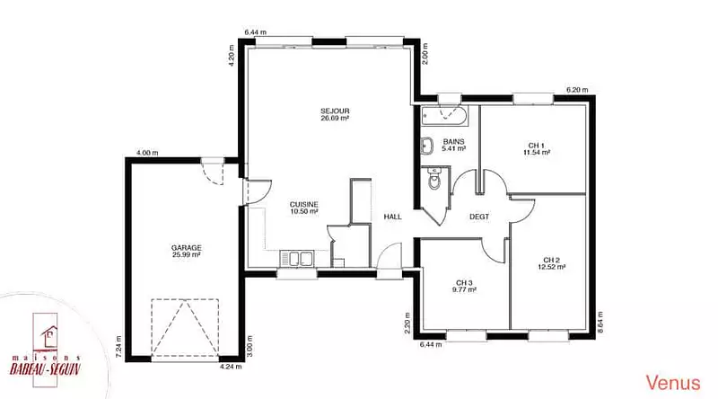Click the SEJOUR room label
coord(335,111)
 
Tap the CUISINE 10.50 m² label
coord(304,208)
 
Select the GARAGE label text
coord(187,248)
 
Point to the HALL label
coord(392,217)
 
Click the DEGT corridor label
coord(479,217)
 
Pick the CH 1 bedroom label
coord(536,146)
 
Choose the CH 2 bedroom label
coord(551,260)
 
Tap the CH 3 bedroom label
coord(464,282)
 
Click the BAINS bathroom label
coord(453,142)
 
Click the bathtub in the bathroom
coord(444,116)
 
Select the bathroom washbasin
coord(427,145)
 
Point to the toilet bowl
coord(434,179)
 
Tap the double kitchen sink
coord(297,258)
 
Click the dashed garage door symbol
coord(185,327)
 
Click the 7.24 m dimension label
coord(119,346)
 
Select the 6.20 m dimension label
coord(577,90)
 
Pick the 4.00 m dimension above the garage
coord(147,153)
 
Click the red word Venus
coord(672,382)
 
